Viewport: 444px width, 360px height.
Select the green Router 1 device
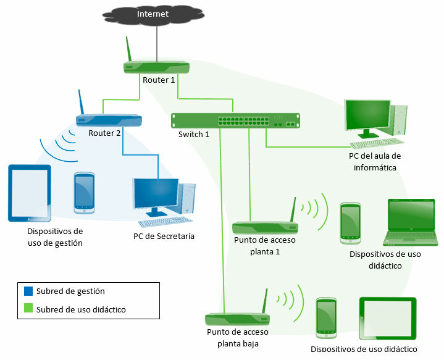click(x=157, y=67)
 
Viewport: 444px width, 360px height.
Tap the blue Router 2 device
click(x=109, y=120)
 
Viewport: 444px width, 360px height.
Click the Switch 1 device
click(x=235, y=120)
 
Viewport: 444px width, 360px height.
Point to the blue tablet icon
click(x=29, y=192)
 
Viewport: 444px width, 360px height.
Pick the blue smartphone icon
click(x=84, y=193)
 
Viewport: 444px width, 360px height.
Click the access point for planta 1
click(x=265, y=227)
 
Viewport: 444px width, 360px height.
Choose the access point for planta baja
click(x=237, y=318)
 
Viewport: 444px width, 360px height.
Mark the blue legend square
click(x=28, y=291)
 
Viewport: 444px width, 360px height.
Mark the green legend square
click(x=28, y=309)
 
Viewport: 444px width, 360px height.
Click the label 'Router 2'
click(x=104, y=133)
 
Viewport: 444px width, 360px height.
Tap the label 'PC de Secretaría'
click(x=159, y=235)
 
